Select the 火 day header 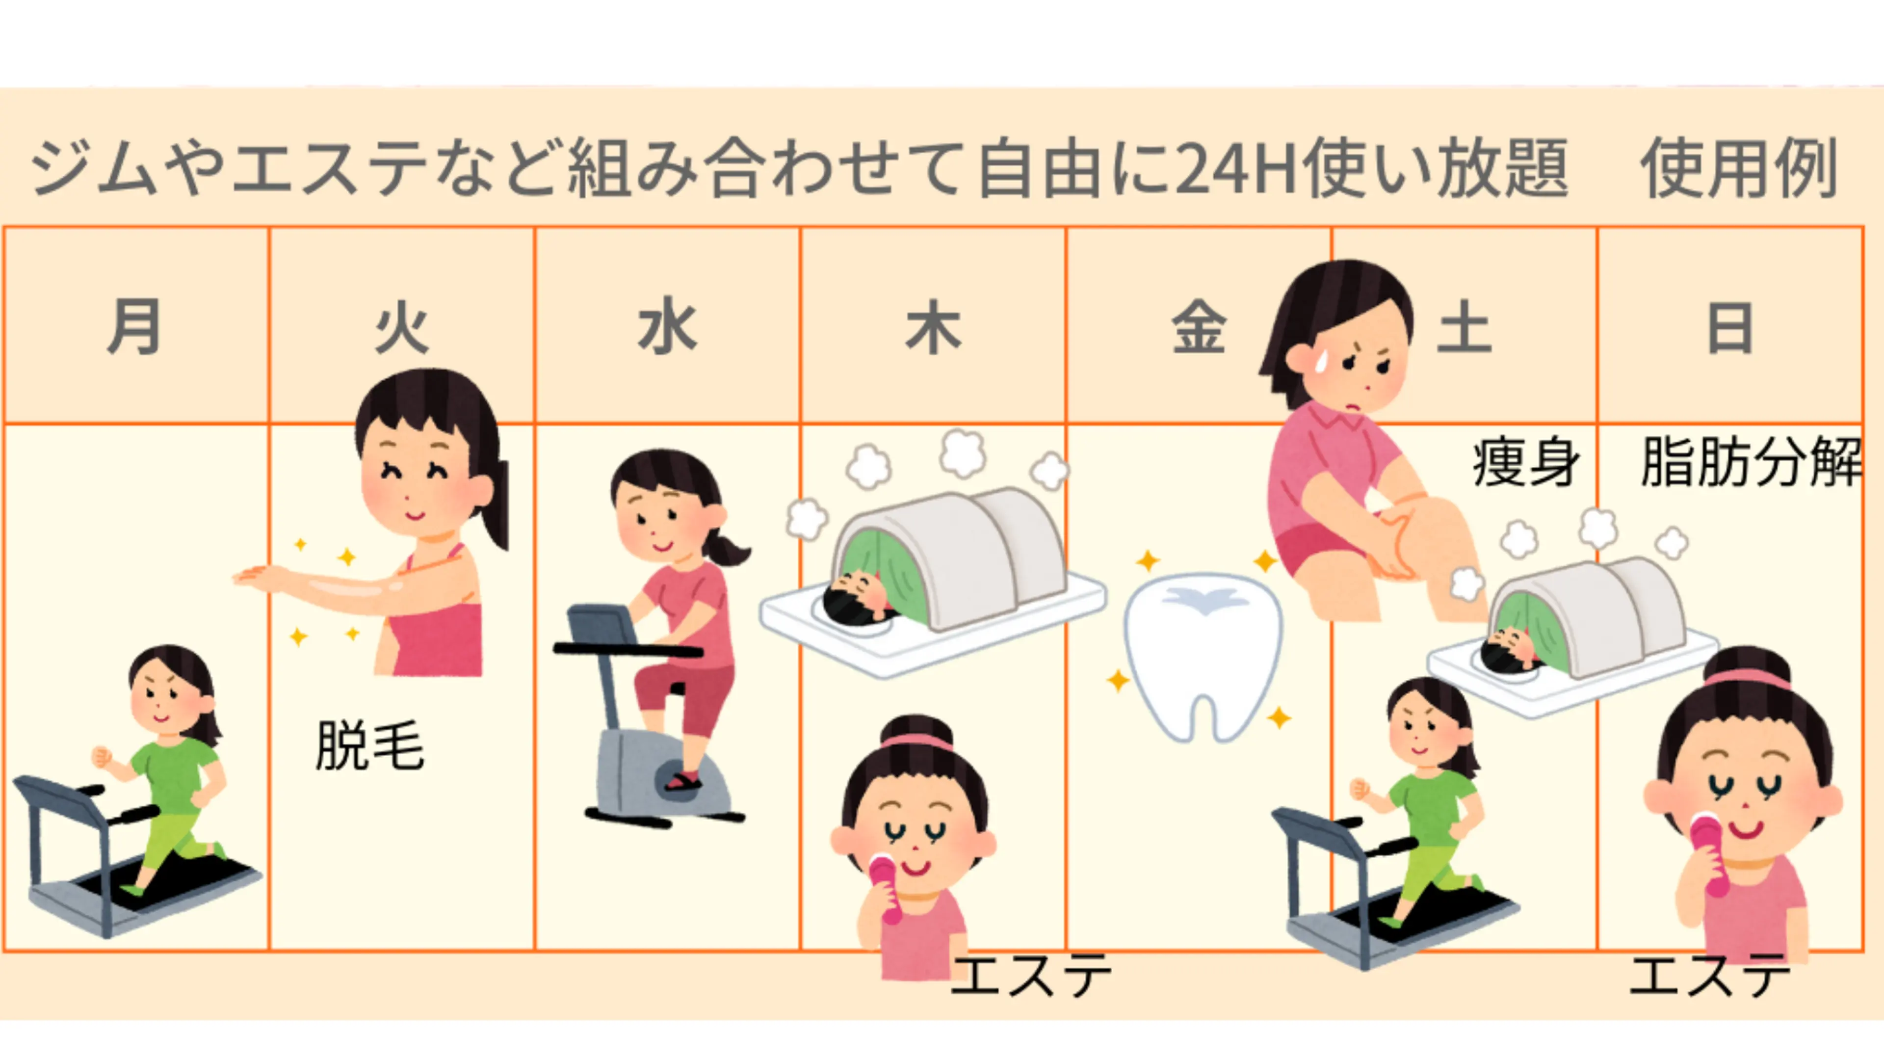pyautogui.click(x=401, y=328)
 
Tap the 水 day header pyautogui.click(x=667, y=328)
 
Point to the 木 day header pyautogui.click(x=933, y=328)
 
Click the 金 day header pyautogui.click(x=1198, y=328)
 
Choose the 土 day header pyautogui.click(x=1464, y=328)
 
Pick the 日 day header pyautogui.click(x=1730, y=328)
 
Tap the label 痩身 pyautogui.click(x=1525, y=462)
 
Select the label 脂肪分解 pyautogui.click(x=1750, y=462)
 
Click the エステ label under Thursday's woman pyautogui.click(x=1031, y=975)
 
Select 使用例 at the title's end pyautogui.click(x=1739, y=168)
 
